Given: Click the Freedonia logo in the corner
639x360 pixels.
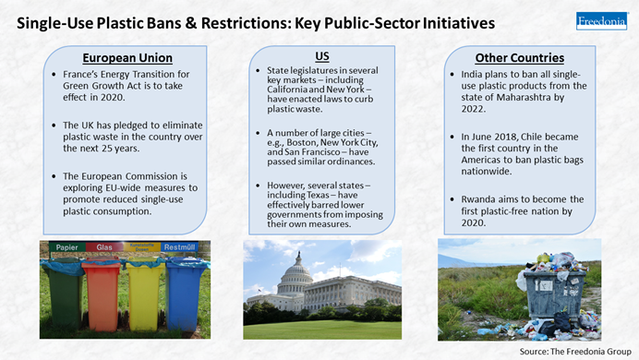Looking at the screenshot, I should pyautogui.click(x=601, y=20).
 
